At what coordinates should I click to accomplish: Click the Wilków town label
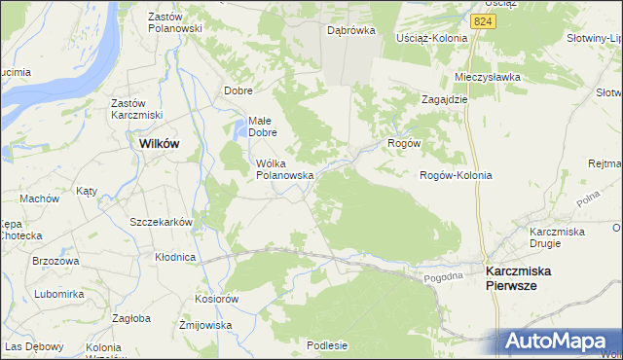(160, 142)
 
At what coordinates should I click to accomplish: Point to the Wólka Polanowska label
(283, 169)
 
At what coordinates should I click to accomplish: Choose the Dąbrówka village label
(351, 31)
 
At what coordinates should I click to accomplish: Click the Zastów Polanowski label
(174, 22)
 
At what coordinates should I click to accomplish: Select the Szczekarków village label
(161, 222)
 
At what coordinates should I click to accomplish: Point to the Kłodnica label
(175, 257)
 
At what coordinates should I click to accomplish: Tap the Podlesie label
(327, 344)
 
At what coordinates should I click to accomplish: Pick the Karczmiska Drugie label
(556, 236)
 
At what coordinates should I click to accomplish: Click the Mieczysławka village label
(488, 77)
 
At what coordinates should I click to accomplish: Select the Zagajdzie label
(445, 99)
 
